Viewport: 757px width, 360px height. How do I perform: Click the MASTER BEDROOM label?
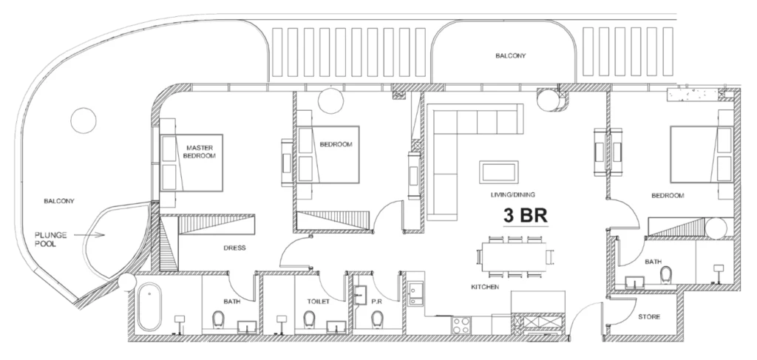200,152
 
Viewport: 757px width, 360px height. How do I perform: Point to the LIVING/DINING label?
512,195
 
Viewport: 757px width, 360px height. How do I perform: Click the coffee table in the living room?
499,171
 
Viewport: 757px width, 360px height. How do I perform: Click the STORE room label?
649,317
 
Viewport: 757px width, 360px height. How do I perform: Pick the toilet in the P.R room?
377,319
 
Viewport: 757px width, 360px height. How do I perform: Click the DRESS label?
234,248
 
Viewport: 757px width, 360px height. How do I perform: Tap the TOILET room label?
318,302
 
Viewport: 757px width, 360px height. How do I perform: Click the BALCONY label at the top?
510,55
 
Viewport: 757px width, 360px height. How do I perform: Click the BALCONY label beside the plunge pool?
60,200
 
